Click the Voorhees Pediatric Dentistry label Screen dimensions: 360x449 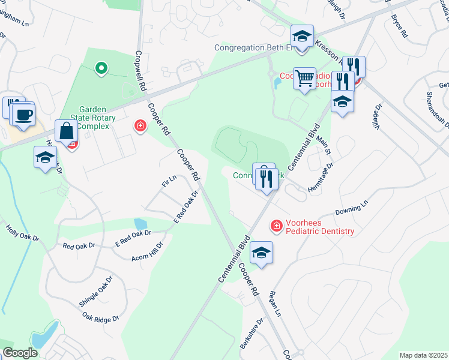click(320, 226)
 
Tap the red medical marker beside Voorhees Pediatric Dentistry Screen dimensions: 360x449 click(276, 226)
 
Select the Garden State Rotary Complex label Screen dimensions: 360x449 click(88, 118)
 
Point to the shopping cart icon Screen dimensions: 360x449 click(305, 77)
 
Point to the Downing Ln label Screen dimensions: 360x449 click(351, 210)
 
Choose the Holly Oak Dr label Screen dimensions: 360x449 click(22, 233)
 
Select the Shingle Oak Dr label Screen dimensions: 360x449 click(96, 291)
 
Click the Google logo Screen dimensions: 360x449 click(20, 353)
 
